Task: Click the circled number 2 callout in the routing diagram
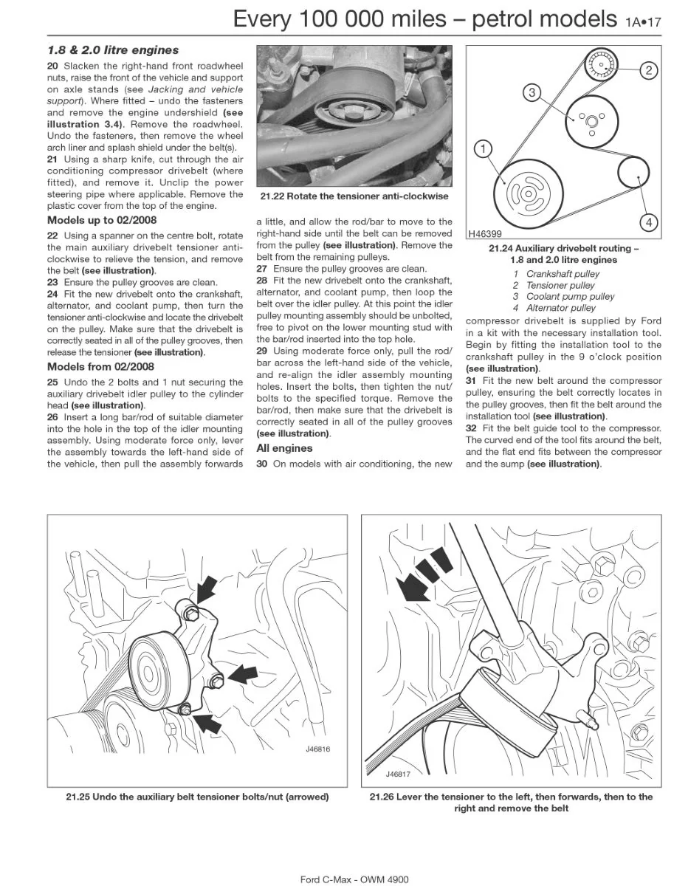click(649, 70)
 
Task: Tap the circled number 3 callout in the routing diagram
click(532, 92)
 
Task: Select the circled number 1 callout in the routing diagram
click(483, 149)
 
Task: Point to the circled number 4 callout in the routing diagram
click(649, 222)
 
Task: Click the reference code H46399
click(485, 234)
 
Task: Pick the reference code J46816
click(317, 749)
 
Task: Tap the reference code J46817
click(398, 775)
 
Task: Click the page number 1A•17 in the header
click(643, 22)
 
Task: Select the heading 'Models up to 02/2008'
click(102, 220)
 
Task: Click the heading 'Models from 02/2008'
click(100, 367)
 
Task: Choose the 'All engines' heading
click(284, 448)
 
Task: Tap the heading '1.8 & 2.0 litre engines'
click(113, 50)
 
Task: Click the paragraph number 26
click(52, 417)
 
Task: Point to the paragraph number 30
click(262, 464)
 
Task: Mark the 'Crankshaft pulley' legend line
click(556, 274)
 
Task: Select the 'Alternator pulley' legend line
click(554, 308)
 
